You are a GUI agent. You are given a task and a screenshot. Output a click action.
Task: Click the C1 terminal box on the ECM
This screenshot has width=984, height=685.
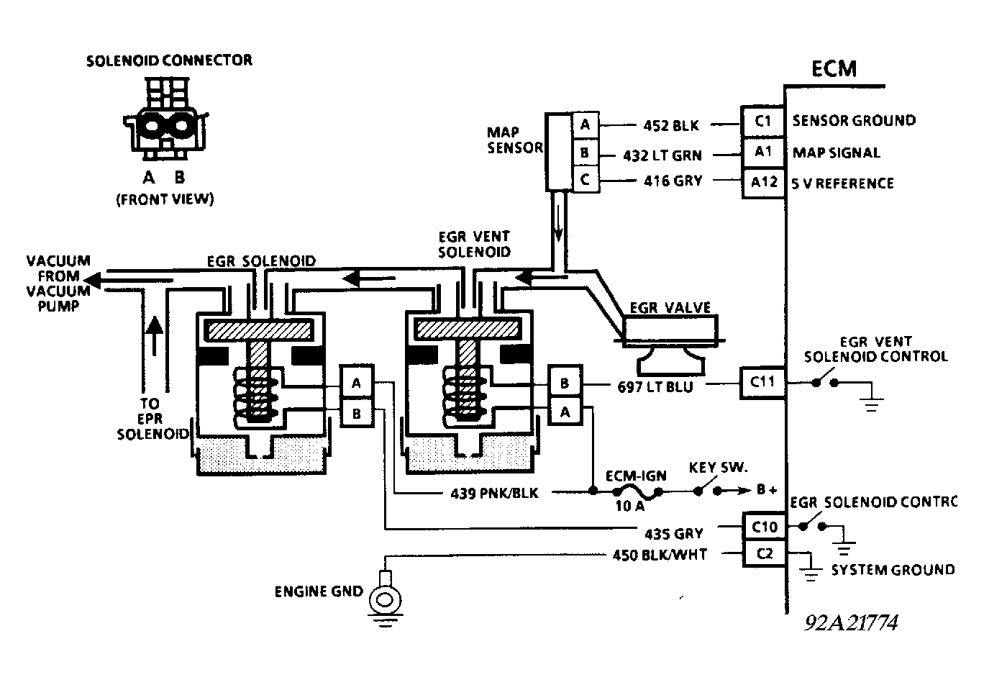pos(762,121)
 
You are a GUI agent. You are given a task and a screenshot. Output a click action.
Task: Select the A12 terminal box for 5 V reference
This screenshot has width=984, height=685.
pos(762,183)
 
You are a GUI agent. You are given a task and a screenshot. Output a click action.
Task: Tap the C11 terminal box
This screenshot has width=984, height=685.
pos(762,382)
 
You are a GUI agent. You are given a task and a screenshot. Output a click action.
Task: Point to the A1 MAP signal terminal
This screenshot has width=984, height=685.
pos(762,152)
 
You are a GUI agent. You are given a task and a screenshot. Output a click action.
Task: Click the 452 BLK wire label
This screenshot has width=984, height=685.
pos(671,125)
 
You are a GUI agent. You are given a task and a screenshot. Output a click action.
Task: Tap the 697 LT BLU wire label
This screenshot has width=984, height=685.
pos(655,386)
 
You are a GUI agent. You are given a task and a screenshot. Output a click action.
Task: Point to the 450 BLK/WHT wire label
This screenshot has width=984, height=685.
pos(660,554)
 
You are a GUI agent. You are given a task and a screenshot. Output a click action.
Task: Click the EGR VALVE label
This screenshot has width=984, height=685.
pos(670,308)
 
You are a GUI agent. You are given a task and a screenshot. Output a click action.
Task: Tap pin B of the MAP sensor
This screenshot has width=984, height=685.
pos(585,153)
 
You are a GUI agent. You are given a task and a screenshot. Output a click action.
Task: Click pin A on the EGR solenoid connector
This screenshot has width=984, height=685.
pos(356,383)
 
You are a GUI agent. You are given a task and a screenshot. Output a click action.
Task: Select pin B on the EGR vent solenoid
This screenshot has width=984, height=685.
pos(565,383)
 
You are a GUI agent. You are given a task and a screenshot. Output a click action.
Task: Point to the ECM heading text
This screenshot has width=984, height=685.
pos(834,68)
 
